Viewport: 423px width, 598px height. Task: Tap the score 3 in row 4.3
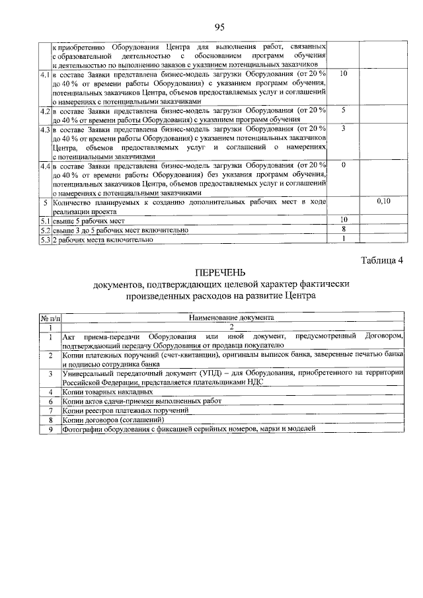(344, 128)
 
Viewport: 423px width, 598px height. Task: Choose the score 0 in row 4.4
(344, 165)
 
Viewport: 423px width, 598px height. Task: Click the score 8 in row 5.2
(344, 229)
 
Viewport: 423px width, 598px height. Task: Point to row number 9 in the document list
(50, 429)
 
